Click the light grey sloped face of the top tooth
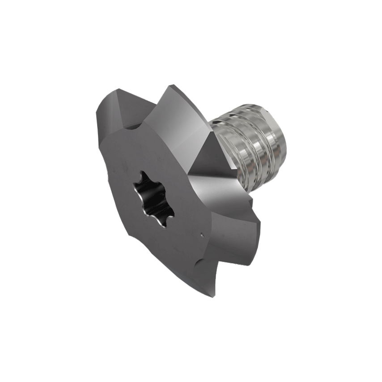tap(183, 116)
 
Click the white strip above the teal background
tap(191, 36)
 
